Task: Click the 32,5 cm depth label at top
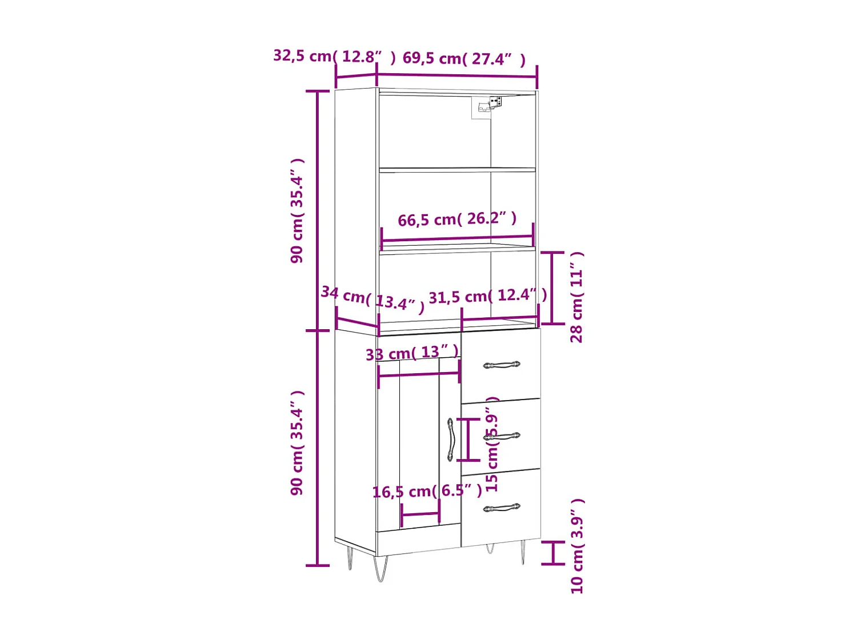(x=334, y=56)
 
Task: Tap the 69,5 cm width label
(x=463, y=58)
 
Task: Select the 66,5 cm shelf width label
(x=456, y=219)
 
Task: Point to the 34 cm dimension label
(x=372, y=299)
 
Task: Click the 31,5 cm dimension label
(x=487, y=296)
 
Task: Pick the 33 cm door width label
(x=412, y=353)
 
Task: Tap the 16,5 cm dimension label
(x=427, y=491)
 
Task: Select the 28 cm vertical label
(x=576, y=297)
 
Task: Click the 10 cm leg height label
(x=577, y=546)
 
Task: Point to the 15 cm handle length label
(x=492, y=445)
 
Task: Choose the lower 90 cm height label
(x=297, y=443)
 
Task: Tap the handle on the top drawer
(x=501, y=365)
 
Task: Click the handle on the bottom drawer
(x=501, y=508)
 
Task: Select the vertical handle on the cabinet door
(x=450, y=440)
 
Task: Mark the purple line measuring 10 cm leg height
(x=552, y=553)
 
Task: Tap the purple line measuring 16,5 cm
(x=421, y=514)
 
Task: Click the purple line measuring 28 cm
(x=552, y=288)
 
